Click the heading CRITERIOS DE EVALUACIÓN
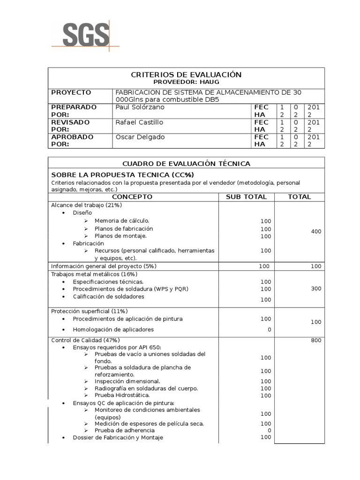pyautogui.click(x=186, y=75)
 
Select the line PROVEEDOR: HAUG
pyautogui.click(x=186, y=82)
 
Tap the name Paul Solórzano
pyautogui.click(x=140, y=107)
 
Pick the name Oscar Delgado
pyautogui.click(x=140, y=137)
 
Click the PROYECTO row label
pyautogui.click(x=71, y=92)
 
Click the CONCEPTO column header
pyautogui.click(x=132, y=197)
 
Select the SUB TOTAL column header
pyautogui.click(x=246, y=197)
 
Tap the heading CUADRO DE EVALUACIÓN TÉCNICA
pyautogui.click(x=186, y=164)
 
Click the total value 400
pyautogui.click(x=316, y=232)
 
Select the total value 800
pyautogui.click(x=316, y=340)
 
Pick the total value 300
pyautogui.click(x=316, y=289)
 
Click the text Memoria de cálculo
pyautogui.click(x=122, y=221)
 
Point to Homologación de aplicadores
pyautogui.click(x=113, y=330)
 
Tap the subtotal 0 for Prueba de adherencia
pyautogui.click(x=269, y=430)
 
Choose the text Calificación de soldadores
pyautogui.click(x=108, y=297)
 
